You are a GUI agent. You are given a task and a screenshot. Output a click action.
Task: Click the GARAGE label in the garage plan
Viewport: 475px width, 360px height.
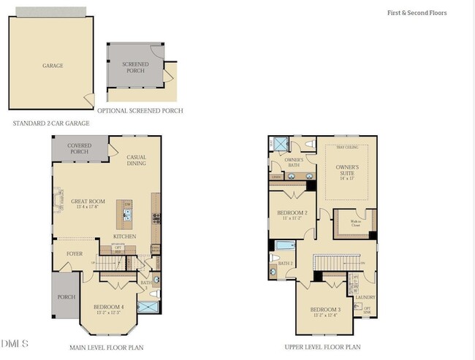52,66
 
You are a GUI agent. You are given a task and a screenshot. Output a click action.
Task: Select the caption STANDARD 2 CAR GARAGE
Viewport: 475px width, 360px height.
45,123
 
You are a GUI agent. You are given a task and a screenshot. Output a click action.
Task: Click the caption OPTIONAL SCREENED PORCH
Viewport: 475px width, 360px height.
140,111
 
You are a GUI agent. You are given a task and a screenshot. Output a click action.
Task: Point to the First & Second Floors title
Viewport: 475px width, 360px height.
417,13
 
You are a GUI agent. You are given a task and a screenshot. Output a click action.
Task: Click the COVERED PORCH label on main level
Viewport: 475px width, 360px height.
80,149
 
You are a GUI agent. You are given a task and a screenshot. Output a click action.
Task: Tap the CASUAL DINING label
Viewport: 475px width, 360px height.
137,161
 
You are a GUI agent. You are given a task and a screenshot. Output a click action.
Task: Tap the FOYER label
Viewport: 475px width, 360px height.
75,254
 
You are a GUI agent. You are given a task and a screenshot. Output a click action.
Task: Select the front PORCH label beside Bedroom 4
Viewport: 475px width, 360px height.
66,297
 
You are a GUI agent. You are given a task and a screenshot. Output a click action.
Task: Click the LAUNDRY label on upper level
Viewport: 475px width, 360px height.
365,297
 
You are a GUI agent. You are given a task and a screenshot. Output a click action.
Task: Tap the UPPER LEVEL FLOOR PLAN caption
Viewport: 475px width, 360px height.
322,348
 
